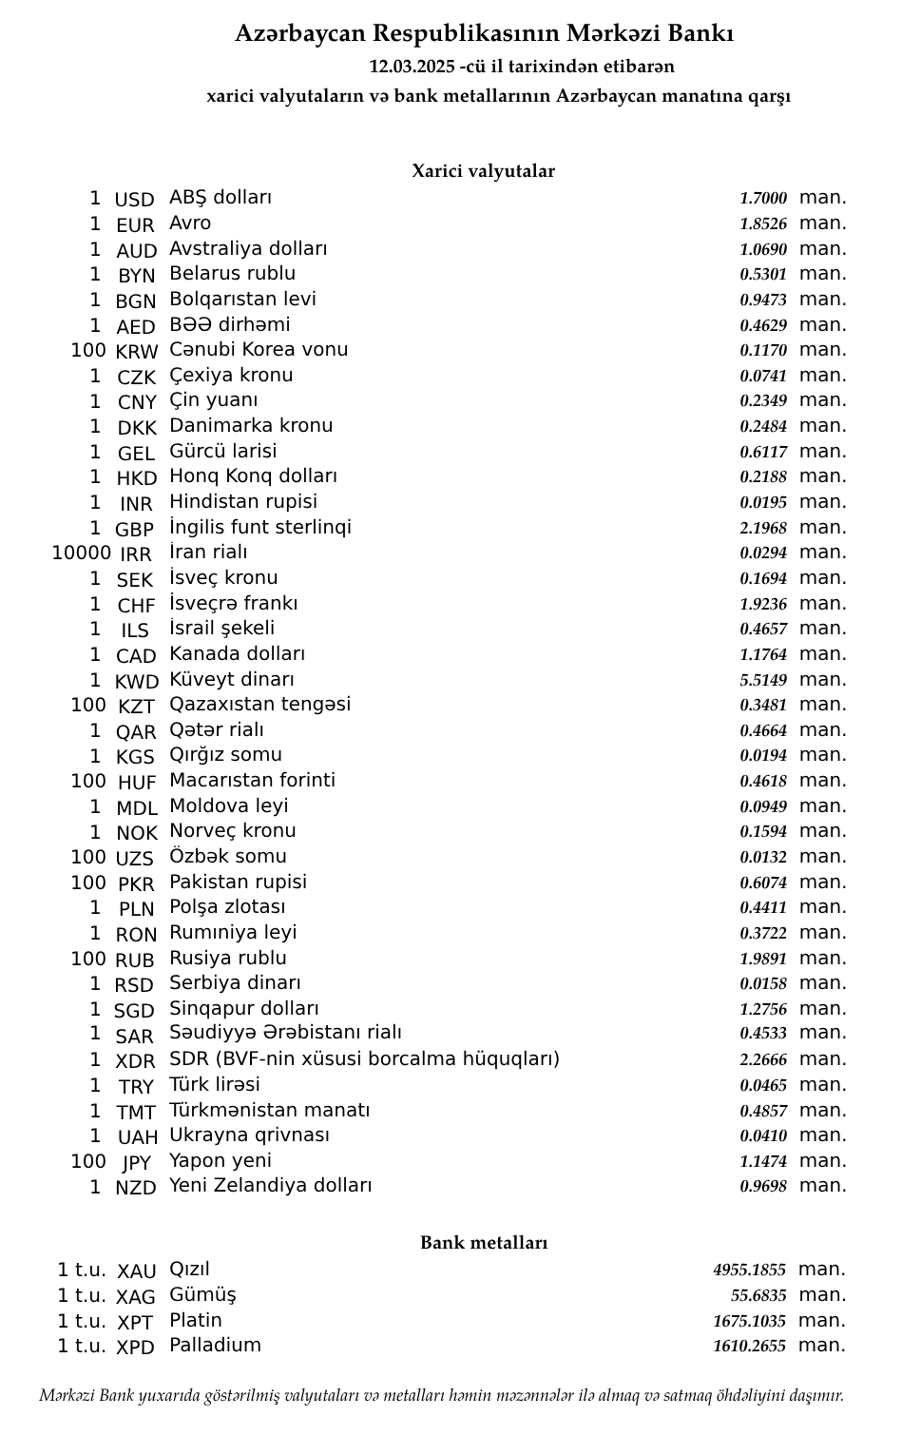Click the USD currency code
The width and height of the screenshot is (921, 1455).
coord(134,200)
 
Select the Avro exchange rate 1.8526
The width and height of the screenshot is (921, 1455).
coord(763,224)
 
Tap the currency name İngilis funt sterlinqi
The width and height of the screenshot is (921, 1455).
coord(259,527)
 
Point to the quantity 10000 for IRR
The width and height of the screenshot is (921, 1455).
coord(81,553)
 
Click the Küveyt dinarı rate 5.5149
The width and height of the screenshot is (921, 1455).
coord(763,680)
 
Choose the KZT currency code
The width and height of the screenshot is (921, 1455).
coord(136,707)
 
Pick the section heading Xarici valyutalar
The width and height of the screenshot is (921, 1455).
coord(483,171)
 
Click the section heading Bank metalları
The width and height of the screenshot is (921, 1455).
coord(484,1243)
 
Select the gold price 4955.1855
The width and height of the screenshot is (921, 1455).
coord(749,1271)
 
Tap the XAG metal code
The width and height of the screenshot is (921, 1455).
coord(136,1297)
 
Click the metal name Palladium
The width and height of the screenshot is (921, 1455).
coord(215,1345)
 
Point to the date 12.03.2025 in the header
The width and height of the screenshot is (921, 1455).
coord(412,67)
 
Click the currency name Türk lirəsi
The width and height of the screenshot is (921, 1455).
coord(214,1085)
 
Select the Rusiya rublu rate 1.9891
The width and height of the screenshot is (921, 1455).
coord(763,959)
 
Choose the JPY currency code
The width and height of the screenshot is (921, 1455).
coord(137,1163)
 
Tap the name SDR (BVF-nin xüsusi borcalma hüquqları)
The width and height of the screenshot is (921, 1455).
coord(364,1059)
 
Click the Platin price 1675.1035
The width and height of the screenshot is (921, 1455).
coord(749,1321)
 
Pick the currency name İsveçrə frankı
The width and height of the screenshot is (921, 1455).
coord(233,604)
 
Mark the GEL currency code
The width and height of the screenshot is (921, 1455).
coord(136,454)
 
